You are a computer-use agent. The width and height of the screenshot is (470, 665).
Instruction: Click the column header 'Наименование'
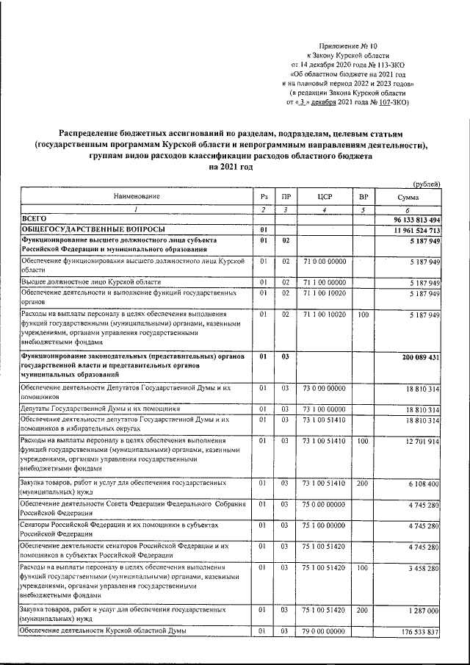point(136,196)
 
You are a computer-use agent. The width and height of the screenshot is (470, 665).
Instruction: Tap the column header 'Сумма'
point(408,196)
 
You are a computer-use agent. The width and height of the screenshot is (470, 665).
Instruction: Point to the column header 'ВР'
point(362,196)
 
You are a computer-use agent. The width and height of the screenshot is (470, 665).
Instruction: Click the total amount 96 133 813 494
point(408,220)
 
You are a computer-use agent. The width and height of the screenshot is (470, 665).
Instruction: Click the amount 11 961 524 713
point(409,231)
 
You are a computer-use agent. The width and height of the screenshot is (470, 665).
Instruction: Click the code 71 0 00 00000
point(323,261)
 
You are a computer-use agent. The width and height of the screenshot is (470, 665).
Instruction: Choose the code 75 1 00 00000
point(323,525)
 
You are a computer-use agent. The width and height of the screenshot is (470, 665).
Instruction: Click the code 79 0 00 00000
point(323,632)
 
